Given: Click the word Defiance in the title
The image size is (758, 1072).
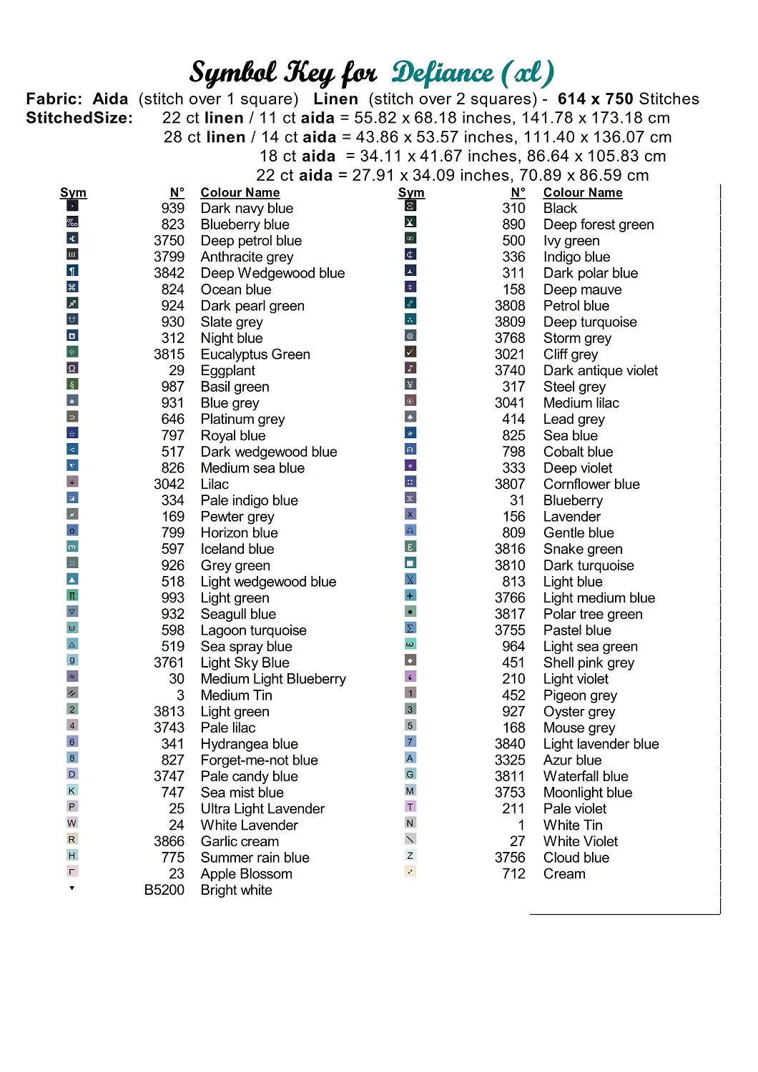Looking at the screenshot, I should (x=442, y=73).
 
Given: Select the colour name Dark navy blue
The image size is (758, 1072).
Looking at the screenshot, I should (x=247, y=208).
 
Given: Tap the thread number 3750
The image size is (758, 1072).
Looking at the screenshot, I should (x=169, y=241).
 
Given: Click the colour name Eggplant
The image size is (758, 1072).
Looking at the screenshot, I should (x=227, y=370).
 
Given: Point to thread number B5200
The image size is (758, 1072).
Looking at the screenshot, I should (x=164, y=890).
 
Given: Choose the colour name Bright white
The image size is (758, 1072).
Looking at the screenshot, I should (x=236, y=890).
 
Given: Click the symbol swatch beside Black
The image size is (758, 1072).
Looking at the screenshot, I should (x=410, y=206).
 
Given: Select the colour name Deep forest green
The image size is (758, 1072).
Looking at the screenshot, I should (x=598, y=224).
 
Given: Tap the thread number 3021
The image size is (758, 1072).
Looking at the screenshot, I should (x=509, y=354).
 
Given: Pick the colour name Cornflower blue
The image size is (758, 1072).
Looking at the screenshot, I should (x=591, y=484).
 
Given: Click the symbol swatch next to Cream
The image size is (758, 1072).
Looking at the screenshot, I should (x=410, y=871).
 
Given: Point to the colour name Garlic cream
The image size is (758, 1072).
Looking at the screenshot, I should (x=240, y=841).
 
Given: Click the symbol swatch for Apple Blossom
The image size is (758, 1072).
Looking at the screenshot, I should (x=72, y=871).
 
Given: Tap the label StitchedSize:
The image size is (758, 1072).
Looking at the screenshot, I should (x=79, y=118).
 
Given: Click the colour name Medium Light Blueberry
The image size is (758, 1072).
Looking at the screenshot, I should (x=272, y=679).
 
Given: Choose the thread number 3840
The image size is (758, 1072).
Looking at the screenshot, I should (x=509, y=744).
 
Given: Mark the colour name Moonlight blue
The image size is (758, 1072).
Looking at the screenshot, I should (x=587, y=793).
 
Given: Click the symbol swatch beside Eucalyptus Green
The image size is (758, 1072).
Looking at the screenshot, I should (x=72, y=352).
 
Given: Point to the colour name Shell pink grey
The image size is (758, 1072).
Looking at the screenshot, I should (x=588, y=662).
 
